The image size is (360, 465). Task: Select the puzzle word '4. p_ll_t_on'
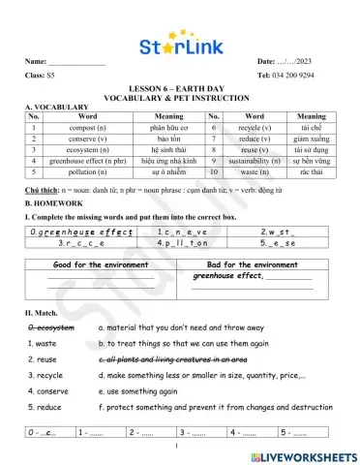(x=183, y=245)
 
